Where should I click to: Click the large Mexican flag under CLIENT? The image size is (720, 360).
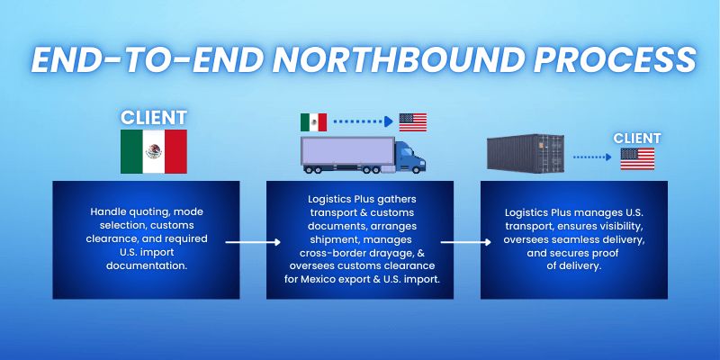[x=153, y=151]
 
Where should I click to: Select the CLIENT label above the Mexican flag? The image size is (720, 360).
[x=153, y=117]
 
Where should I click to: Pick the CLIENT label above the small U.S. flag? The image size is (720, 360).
[x=636, y=138]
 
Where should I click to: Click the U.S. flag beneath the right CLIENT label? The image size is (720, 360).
[x=636, y=159]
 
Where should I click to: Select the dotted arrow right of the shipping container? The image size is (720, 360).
[x=592, y=156]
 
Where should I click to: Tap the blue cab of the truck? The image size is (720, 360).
[x=409, y=158]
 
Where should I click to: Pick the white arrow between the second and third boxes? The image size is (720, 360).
[x=465, y=242]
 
